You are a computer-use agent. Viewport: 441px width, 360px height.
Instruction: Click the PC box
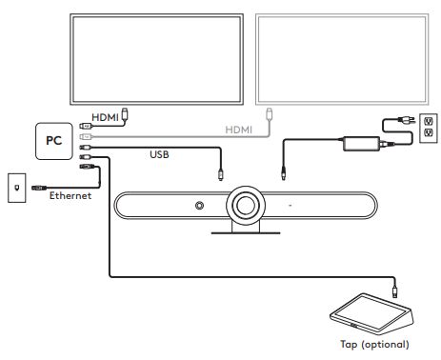coord(53,140)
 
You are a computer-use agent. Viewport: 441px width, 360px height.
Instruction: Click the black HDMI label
coord(105,116)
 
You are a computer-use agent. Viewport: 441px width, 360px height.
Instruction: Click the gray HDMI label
coord(238,129)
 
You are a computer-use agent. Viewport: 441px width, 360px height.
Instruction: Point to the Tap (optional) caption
coord(373,344)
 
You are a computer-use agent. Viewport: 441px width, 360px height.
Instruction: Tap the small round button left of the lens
coord(199,206)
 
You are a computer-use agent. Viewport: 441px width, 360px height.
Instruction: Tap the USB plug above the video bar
coord(222,175)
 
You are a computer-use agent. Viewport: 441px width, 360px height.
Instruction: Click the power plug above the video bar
coord(284,173)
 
